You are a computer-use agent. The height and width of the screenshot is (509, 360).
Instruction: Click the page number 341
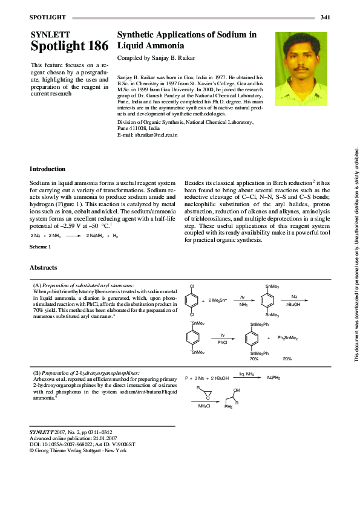pos(325,16)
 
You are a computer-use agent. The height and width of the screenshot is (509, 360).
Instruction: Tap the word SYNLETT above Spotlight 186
pos(50,34)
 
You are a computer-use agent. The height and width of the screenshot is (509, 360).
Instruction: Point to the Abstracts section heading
pos(44,267)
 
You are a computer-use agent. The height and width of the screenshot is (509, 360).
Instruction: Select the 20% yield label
pos(287,358)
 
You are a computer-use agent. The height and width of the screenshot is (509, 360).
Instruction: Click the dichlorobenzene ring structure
pos(192,300)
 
